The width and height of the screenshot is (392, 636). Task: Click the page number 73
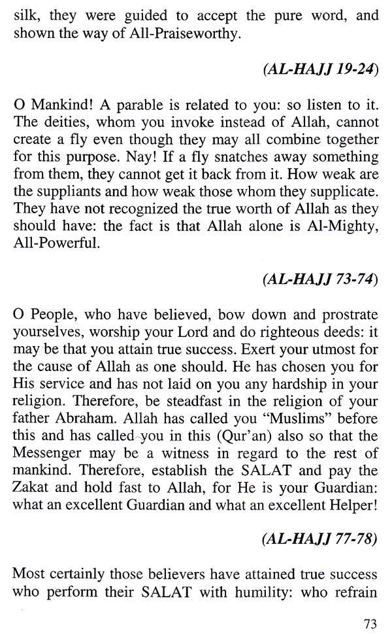(x=368, y=622)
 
